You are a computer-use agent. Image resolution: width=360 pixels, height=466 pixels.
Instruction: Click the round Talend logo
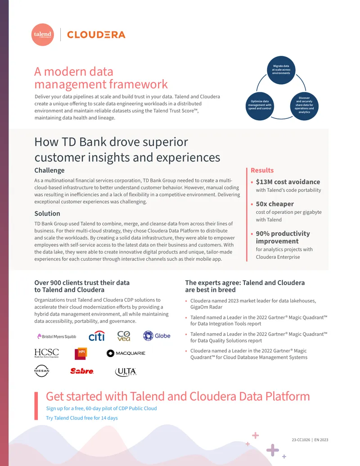[42, 35]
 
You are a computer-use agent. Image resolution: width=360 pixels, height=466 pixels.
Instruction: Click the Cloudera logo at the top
[96, 35]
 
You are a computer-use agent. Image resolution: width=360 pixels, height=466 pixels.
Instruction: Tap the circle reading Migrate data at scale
[281, 70]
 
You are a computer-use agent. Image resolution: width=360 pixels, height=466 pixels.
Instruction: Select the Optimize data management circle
[260, 106]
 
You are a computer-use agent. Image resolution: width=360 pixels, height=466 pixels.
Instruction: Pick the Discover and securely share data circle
[304, 106]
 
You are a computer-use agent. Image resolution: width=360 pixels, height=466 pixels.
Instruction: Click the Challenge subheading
[49, 170]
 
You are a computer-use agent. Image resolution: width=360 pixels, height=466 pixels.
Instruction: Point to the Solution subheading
[47, 213]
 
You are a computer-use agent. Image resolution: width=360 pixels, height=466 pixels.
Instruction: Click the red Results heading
[262, 170]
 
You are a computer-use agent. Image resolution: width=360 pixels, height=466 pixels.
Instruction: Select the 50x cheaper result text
[275, 204]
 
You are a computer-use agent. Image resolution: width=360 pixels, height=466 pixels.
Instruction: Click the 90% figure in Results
[263, 234]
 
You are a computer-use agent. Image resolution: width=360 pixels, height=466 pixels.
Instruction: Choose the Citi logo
[97, 336]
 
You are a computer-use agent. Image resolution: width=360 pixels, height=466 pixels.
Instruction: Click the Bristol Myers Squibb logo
[56, 336]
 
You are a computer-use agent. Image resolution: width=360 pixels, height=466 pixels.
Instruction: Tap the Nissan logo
[41, 371]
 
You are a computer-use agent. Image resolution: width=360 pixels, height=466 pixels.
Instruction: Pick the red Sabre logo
[82, 371]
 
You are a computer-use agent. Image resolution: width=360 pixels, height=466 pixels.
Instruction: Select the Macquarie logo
[126, 353]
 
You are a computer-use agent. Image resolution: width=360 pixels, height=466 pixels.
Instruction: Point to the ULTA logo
[126, 372]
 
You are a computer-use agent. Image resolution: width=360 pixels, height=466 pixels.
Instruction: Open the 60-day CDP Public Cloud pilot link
[101, 408]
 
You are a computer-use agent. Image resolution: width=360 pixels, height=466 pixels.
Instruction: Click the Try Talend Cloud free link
[82, 418]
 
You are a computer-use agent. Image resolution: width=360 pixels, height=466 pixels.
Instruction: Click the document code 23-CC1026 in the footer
[301, 440]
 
